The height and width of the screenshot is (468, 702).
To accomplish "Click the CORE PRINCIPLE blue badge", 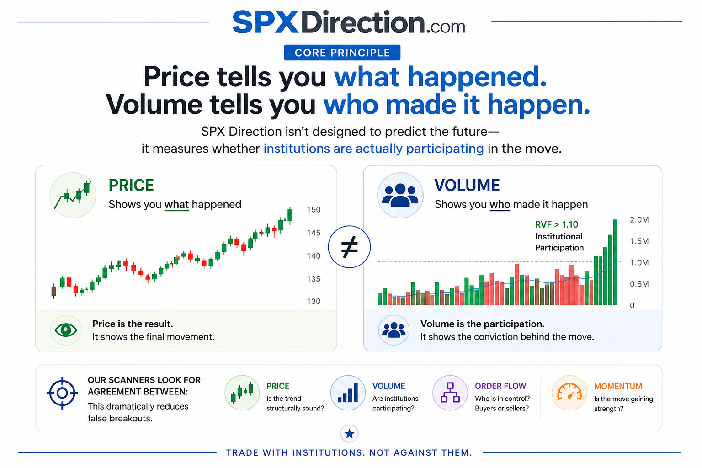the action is tap(342, 53).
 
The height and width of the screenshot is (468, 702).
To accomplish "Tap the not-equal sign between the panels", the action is tap(350, 247).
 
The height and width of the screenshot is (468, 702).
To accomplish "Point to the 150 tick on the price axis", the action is tap(314, 209).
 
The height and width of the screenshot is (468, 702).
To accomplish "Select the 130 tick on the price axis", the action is tap(314, 301).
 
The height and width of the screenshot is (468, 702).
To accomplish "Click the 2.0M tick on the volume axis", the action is tap(639, 219).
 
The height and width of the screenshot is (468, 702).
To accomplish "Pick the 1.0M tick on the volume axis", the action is tap(639, 262).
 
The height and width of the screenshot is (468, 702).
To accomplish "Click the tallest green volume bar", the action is tap(615, 262).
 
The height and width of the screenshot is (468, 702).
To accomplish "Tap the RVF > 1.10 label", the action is tap(556, 224).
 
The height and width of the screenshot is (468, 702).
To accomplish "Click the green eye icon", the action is tap(66, 330).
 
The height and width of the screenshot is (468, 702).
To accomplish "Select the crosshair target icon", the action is tap(62, 393).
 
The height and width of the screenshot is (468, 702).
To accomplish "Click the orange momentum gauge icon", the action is tap(569, 393).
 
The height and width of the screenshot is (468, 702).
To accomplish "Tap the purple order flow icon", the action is tap(450, 393).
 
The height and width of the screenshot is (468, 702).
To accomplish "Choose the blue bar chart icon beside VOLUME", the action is tap(348, 393).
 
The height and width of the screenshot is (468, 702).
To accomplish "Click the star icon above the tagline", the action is tap(350, 434).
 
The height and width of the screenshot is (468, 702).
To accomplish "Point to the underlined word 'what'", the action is tap(176, 204).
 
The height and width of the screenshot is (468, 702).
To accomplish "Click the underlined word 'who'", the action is tap(500, 204).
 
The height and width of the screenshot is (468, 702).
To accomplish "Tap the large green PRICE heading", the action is tap(131, 185).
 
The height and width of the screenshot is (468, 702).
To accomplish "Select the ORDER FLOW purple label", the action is tap(500, 386).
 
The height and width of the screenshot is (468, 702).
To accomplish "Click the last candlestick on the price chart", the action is tap(290, 216).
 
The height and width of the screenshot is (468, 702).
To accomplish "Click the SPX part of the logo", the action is tap(265, 22).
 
